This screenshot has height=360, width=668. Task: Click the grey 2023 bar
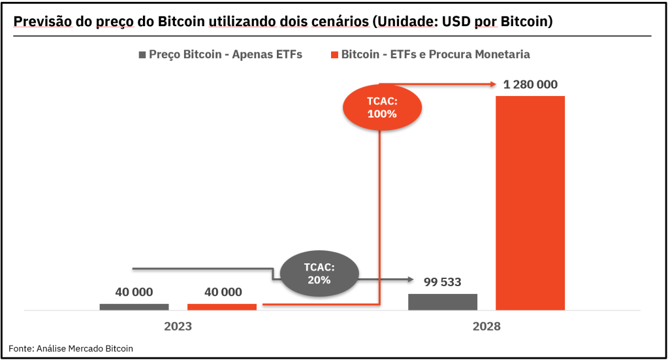pyautogui.click(x=134, y=306)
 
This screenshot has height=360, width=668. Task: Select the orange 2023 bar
pyautogui.click(x=222, y=306)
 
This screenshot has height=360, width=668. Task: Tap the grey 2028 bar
pyautogui.click(x=443, y=301)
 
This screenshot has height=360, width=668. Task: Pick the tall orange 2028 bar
pyautogui.click(x=530, y=203)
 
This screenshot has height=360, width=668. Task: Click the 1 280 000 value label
pyautogui.click(x=530, y=84)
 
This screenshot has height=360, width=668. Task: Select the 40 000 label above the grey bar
pyautogui.click(x=134, y=292)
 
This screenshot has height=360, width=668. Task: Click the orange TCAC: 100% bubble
pyautogui.click(x=382, y=107)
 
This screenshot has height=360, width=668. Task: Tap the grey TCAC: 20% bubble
pyautogui.click(x=319, y=274)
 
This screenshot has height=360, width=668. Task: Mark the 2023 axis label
pyautogui.click(x=178, y=326)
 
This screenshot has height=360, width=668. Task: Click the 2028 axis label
pyautogui.click(x=486, y=326)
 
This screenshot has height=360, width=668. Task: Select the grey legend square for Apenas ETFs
pyautogui.click(x=142, y=55)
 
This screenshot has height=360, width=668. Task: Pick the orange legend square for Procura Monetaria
pyautogui.click(x=334, y=55)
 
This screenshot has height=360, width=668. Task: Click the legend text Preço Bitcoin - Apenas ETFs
pyautogui.click(x=225, y=55)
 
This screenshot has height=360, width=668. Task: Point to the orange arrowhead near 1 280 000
pyautogui.click(x=494, y=84)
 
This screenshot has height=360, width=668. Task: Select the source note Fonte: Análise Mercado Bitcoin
pyautogui.click(x=71, y=348)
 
